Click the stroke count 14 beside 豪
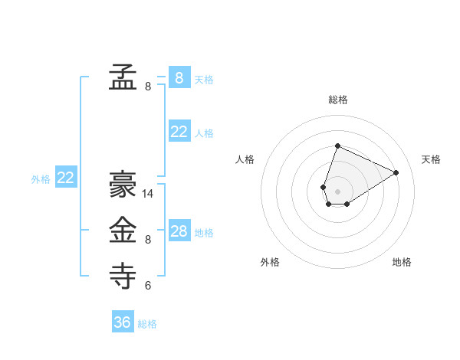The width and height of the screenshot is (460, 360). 148,194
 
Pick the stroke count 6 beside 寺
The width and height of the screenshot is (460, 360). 148,286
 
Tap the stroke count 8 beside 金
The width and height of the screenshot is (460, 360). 148,240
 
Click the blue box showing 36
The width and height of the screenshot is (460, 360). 123,322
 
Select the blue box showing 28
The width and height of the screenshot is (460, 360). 179,231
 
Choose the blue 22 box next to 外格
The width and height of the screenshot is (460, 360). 66,178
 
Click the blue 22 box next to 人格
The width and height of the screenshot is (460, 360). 179,132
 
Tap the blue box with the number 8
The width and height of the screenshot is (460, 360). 179,77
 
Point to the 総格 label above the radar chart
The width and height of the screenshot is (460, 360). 338,100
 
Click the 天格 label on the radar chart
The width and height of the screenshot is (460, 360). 432,159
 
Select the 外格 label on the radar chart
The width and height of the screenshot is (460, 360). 270,262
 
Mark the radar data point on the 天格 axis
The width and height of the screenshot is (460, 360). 396,172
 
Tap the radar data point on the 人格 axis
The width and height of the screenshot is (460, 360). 324,187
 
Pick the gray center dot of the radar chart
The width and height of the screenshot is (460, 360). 337,191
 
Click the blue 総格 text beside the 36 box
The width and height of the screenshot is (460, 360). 147,324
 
